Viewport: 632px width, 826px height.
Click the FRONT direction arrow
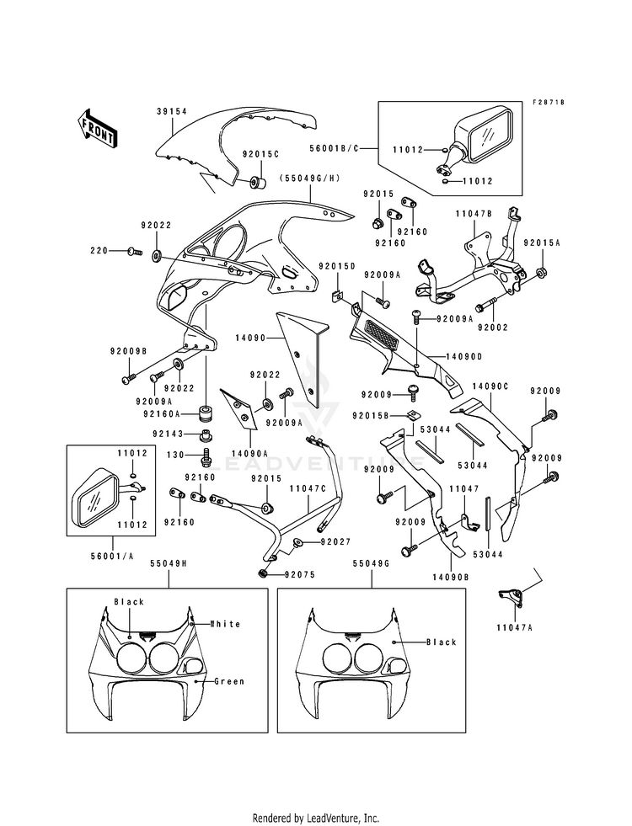tap(96, 128)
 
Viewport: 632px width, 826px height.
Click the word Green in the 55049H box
tap(229, 681)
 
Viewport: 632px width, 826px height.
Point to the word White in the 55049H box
tap(225, 624)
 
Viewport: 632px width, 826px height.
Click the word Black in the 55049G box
tap(441, 642)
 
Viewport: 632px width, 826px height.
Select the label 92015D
tap(335, 266)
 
